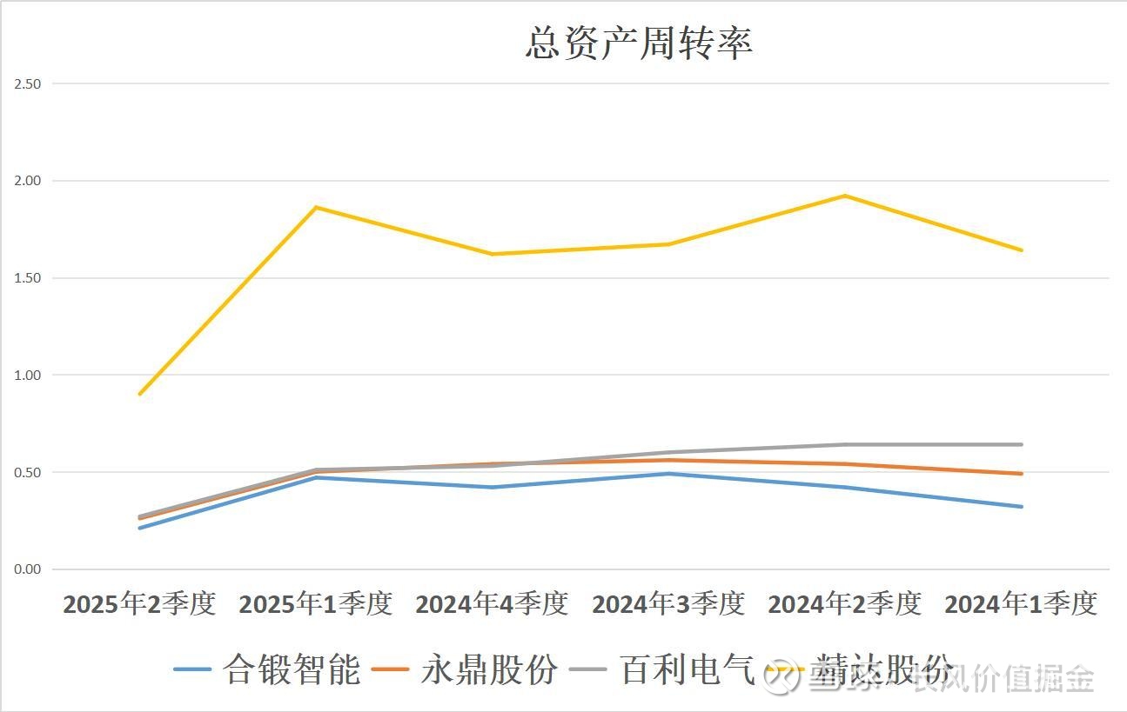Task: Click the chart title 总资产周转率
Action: pyautogui.click(x=639, y=43)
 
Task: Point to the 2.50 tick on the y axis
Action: pyautogui.click(x=28, y=84)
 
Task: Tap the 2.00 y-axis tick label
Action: pyautogui.click(x=28, y=181)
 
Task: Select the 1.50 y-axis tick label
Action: pyautogui.click(x=28, y=278)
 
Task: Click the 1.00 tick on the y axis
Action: pyautogui.click(x=28, y=376)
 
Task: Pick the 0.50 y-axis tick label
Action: pyautogui.click(x=28, y=472)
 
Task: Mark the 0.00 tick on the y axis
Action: pyautogui.click(x=28, y=569)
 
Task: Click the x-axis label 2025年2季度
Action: pyautogui.click(x=139, y=603)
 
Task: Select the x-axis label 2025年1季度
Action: pyautogui.click(x=316, y=603)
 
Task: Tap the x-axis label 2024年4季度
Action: pyautogui.click(x=492, y=603)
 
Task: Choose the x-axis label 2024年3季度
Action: pyautogui.click(x=668, y=603)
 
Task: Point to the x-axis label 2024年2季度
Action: pyautogui.click(x=844, y=603)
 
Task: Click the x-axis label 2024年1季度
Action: pyautogui.click(x=1021, y=603)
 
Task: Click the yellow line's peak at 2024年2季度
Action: pyautogui.click(x=844, y=196)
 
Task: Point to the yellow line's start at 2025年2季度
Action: pyautogui.click(x=139, y=394)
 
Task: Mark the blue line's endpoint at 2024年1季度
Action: pyautogui.click(x=1021, y=507)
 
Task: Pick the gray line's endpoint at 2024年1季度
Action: pyautogui.click(x=1021, y=444)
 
